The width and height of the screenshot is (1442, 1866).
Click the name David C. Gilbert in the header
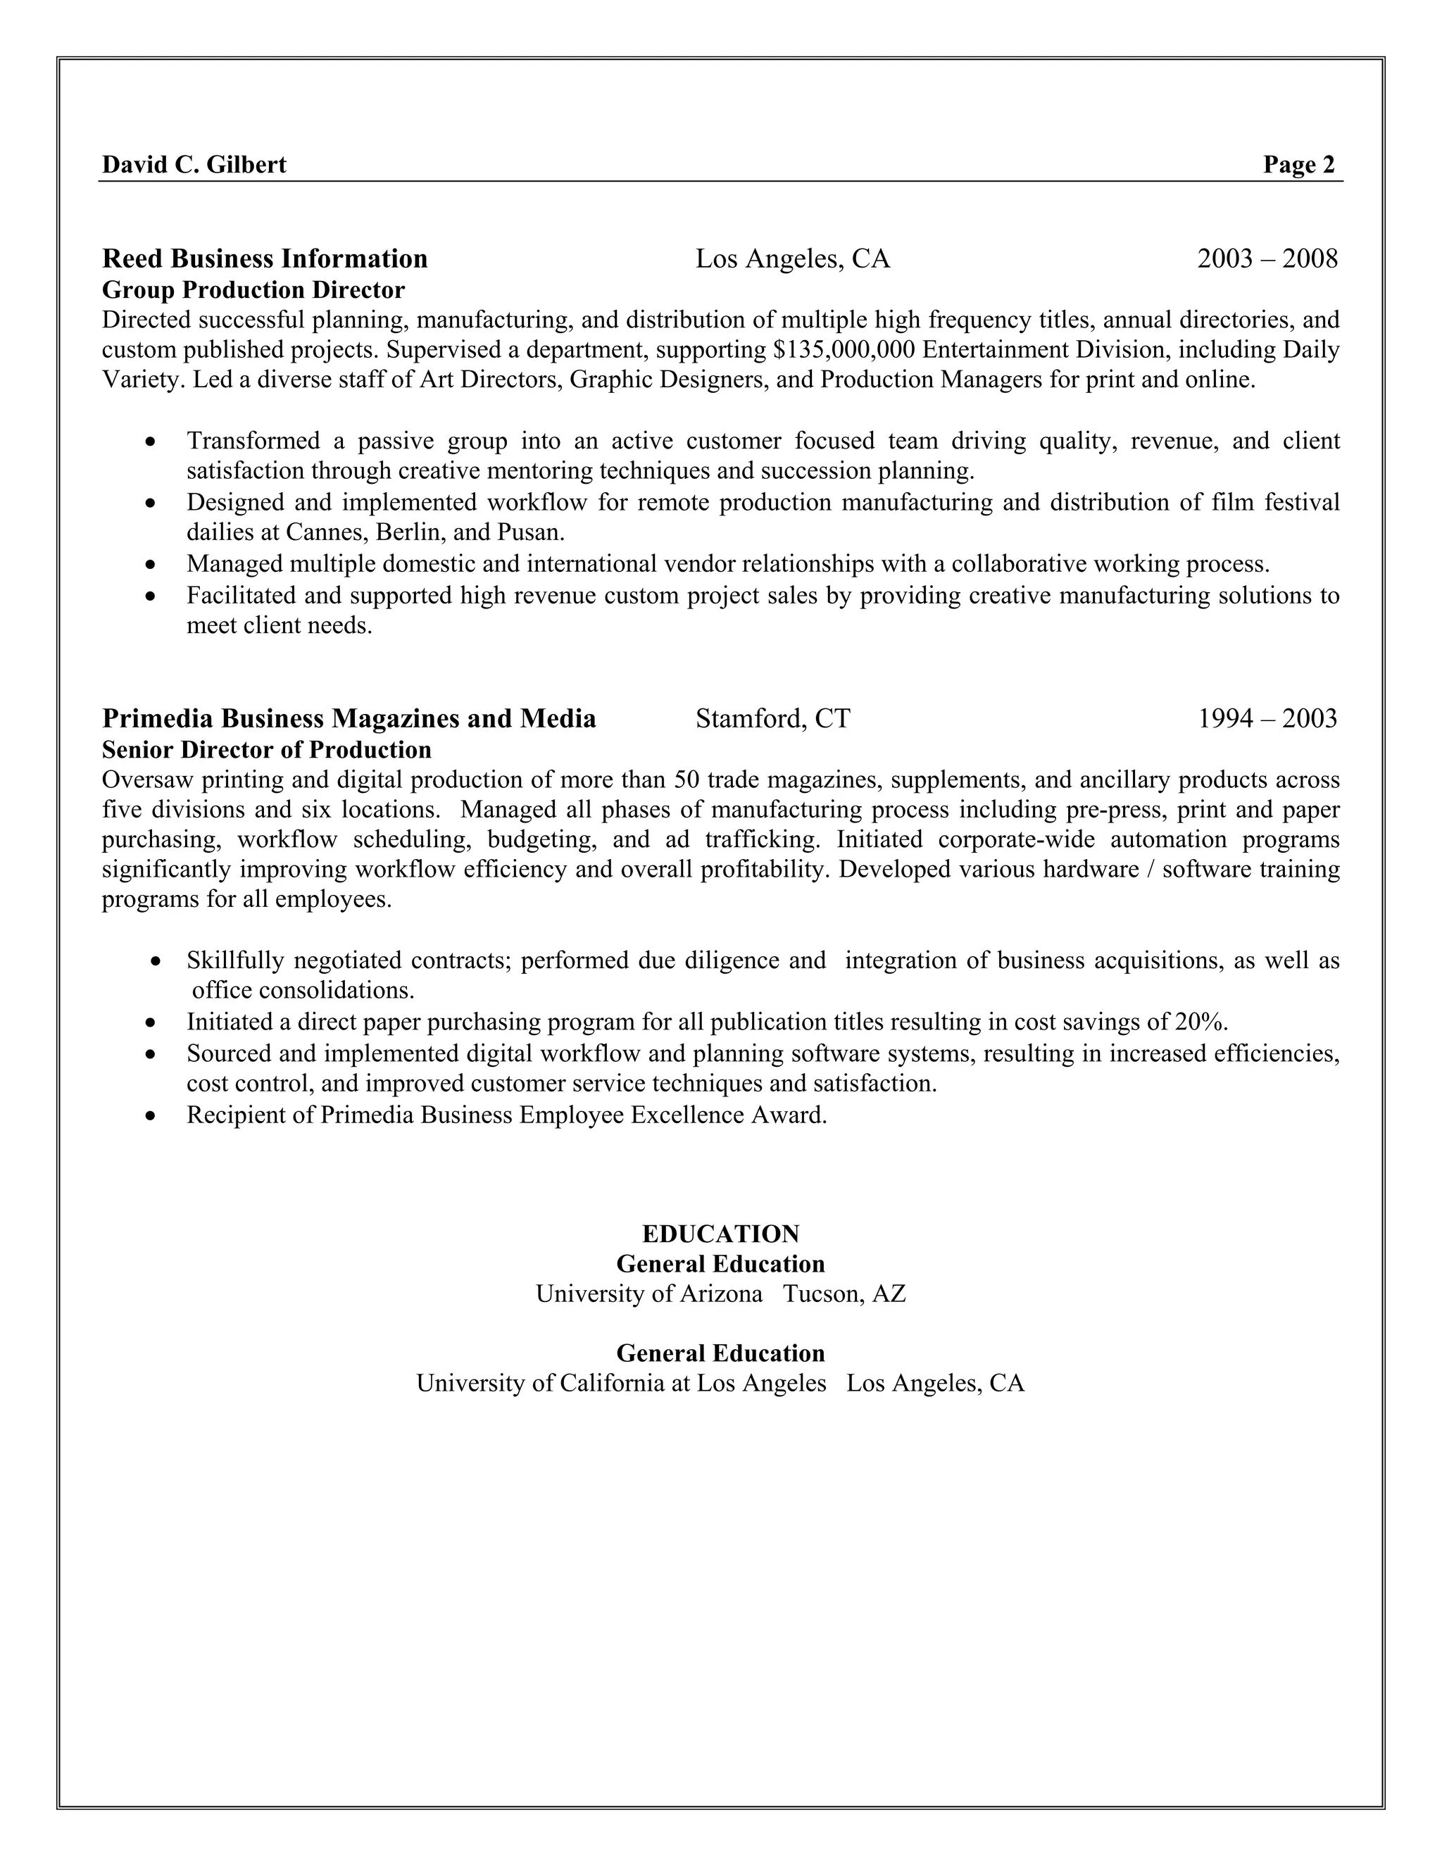click(x=194, y=165)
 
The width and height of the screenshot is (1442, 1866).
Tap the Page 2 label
click(x=1298, y=165)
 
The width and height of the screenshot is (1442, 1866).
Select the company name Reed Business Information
click(x=265, y=259)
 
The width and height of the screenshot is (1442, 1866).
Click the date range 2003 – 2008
click(x=1267, y=259)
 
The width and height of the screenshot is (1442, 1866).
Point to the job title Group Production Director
click(x=253, y=291)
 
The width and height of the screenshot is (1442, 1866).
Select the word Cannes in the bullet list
click(x=325, y=532)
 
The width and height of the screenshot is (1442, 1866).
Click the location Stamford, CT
click(x=773, y=718)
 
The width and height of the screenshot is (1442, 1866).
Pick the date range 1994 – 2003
click(x=1267, y=718)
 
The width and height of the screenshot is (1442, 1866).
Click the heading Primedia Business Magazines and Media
click(x=349, y=718)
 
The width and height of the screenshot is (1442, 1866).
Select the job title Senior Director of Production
click(x=267, y=750)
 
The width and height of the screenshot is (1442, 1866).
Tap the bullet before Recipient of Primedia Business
click(x=151, y=1117)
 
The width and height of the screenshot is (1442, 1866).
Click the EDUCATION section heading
click(x=720, y=1234)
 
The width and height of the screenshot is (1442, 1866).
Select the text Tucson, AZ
click(x=844, y=1294)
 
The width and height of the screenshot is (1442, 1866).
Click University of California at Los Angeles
click(x=621, y=1383)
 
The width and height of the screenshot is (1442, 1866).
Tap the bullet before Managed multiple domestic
click(x=151, y=565)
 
